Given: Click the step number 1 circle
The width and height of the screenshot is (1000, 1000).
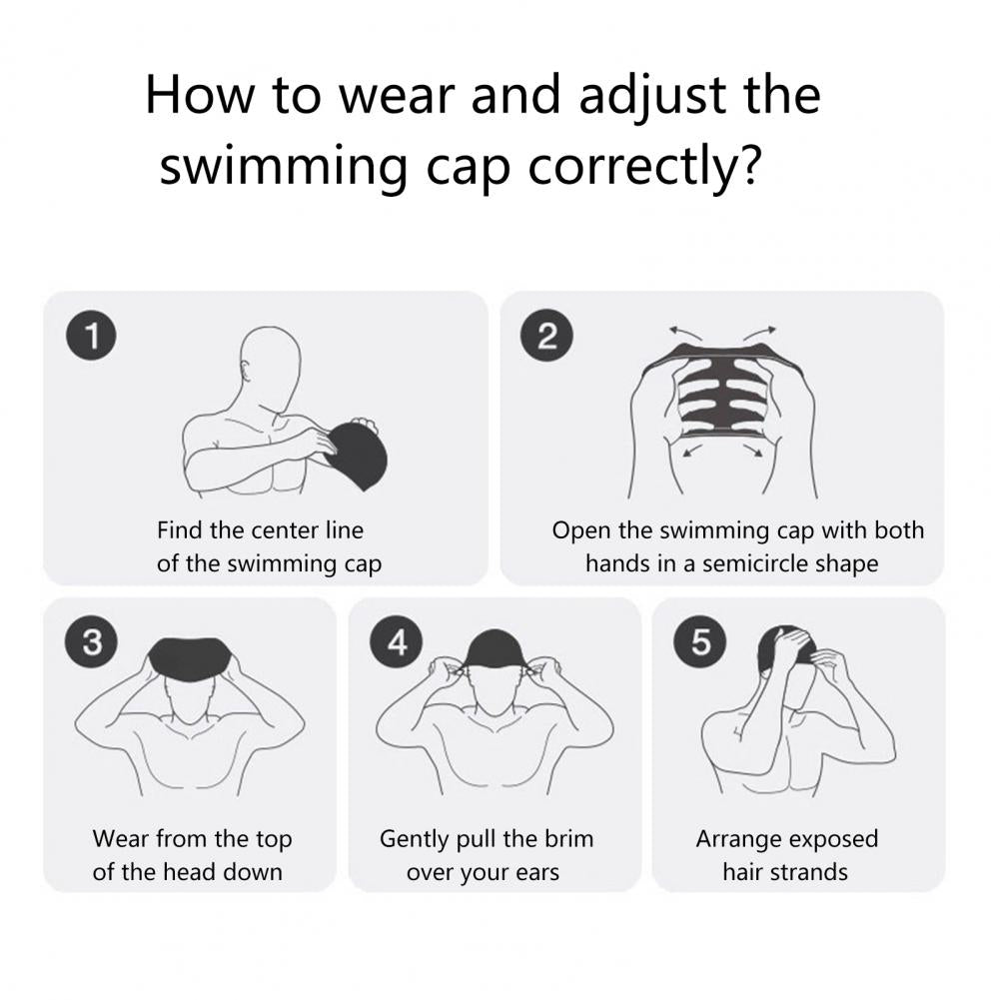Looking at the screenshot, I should [x=93, y=337].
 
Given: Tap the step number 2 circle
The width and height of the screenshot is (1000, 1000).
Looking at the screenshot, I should [x=548, y=337].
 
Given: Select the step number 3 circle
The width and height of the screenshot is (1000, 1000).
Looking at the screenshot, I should [x=93, y=642].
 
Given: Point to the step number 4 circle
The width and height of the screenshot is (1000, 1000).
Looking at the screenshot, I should [x=398, y=642].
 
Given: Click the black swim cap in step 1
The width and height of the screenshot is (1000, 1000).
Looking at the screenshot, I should [x=357, y=452].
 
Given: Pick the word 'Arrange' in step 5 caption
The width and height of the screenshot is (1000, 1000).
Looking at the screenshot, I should [x=737, y=838].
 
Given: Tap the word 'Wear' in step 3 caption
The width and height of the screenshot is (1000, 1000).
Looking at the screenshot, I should [x=120, y=838].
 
